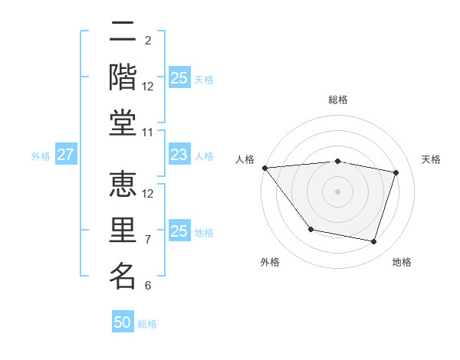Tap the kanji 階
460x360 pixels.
tap(123, 78)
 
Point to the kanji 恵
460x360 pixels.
tap(123, 186)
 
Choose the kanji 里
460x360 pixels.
tap(123, 231)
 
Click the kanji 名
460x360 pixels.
tap(123, 276)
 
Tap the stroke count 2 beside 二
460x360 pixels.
tap(148, 41)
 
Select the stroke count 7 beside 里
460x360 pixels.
tap(148, 240)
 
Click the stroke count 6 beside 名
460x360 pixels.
tap(148, 286)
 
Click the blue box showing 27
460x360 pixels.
tap(65, 155)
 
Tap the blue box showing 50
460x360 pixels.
tap(123, 322)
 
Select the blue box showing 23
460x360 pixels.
tap(179, 155)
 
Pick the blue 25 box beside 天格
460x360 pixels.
tap(179, 78)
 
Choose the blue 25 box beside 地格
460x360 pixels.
tap(179, 231)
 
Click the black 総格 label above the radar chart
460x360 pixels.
tap(337, 100)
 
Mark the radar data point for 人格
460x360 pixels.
tap(264, 168)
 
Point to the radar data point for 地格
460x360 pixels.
tap(373, 242)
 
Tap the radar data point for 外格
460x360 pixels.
tap(310, 229)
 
